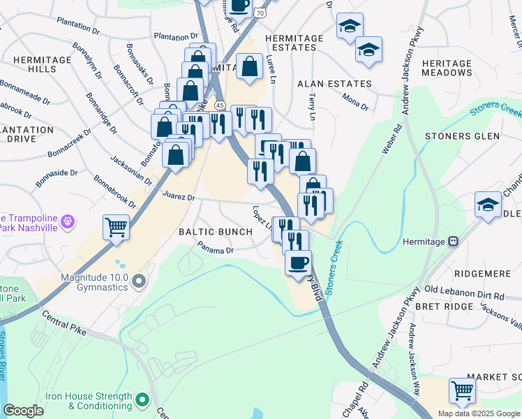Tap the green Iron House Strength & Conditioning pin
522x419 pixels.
[143, 400]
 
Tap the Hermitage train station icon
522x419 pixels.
[454, 242]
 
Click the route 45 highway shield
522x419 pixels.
[220, 105]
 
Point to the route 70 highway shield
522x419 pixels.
[260, 12]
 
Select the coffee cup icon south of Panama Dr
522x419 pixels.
[298, 263]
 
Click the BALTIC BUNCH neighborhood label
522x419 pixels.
[211, 231]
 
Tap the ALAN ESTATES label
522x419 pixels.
[327, 83]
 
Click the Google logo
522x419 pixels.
[23, 411]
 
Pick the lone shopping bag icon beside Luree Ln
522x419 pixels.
[249, 67]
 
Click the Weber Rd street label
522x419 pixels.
[391, 139]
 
